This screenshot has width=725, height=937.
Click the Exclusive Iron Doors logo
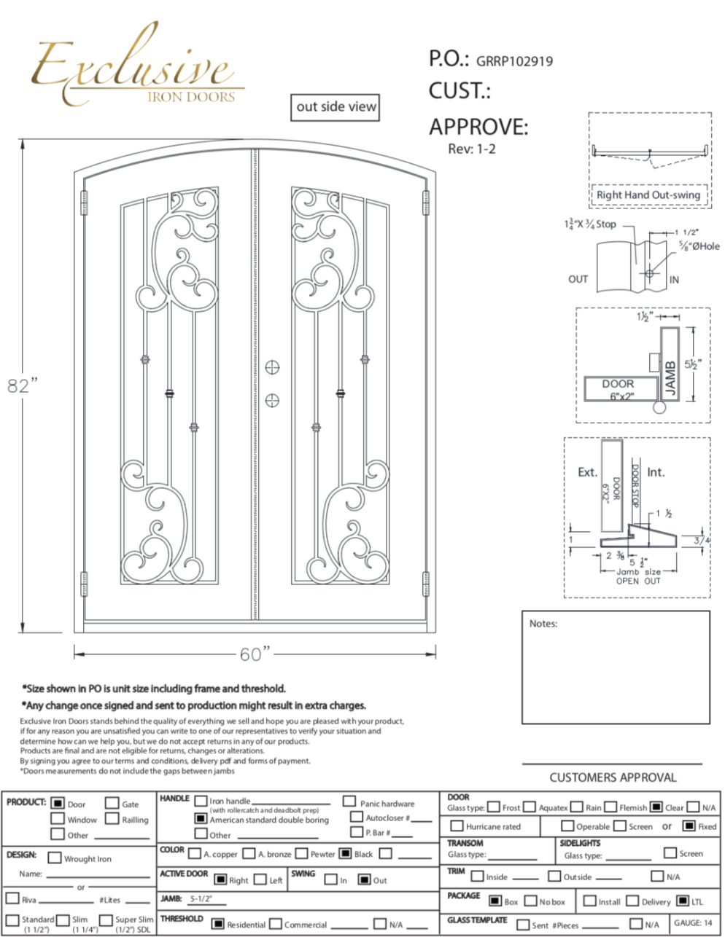pos(135,69)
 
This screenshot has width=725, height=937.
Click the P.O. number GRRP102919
pos(514,61)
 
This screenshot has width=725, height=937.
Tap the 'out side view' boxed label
pos(336,106)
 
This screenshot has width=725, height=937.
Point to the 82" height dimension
pos(22,385)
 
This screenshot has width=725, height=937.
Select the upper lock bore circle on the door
pos(272,367)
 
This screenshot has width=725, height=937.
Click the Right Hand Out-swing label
pos(648,195)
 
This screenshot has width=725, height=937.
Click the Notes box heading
pos(543,624)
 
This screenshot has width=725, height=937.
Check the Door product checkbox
pos(58,803)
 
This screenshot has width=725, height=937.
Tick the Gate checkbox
pos(112,803)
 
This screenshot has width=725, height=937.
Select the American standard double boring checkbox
pos(201,818)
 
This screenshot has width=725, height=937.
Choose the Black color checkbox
pos(345,853)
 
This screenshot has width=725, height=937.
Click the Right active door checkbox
pos(220,879)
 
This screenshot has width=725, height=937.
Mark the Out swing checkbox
pos(365,879)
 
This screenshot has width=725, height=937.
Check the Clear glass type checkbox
pos(656,807)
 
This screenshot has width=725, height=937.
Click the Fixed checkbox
pos(689,826)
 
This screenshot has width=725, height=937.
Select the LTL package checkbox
pos(683,901)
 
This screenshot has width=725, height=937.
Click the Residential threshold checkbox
pos(217,923)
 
